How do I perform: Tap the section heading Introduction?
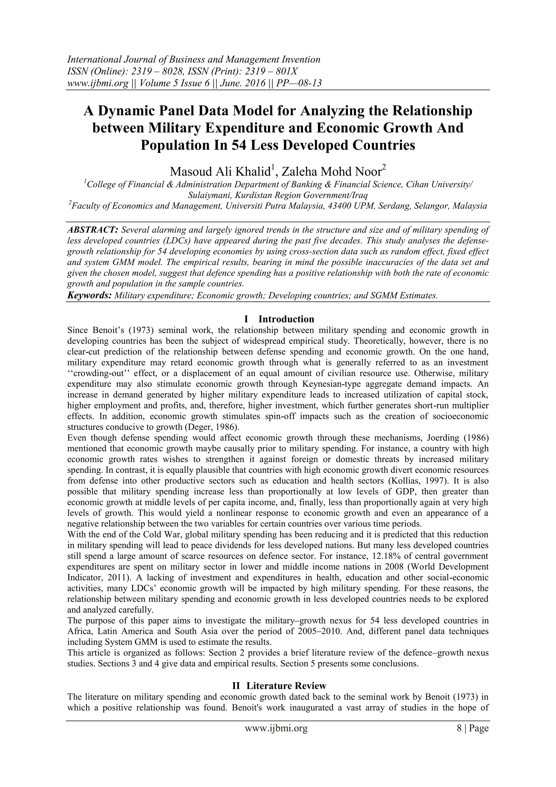[x=286, y=319]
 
